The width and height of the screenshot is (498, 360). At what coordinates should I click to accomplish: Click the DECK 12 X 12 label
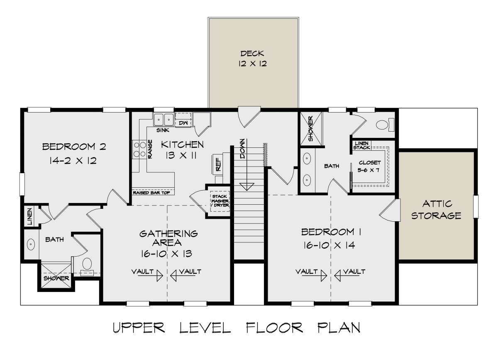point(252,59)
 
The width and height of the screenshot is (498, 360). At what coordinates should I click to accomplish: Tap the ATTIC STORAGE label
point(437,210)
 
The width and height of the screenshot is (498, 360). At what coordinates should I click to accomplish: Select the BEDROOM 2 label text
point(74,147)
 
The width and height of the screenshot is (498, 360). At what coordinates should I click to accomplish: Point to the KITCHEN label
point(182,144)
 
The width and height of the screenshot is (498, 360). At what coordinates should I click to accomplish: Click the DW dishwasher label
point(183,123)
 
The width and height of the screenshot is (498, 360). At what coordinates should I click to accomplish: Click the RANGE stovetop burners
point(140,149)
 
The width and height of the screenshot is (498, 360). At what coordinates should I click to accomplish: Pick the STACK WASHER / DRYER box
point(220,201)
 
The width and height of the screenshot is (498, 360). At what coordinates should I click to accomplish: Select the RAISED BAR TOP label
point(151,193)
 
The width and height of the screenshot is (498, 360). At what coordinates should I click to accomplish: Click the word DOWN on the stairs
point(242,149)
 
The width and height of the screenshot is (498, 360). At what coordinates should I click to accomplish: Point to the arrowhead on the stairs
point(247,187)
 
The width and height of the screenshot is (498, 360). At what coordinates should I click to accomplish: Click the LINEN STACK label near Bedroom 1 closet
point(362,145)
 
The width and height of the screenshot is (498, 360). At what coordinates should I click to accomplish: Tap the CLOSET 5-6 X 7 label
point(369,166)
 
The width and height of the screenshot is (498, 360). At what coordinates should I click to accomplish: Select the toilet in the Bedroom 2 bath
point(87,267)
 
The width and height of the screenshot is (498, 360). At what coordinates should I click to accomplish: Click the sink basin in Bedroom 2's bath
point(31,244)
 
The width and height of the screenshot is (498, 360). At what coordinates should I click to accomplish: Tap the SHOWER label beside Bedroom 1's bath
point(311,129)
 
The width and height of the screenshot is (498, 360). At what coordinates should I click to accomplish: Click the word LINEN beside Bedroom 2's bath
point(30,216)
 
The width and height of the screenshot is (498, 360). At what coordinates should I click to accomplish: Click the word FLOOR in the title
point(274,328)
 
